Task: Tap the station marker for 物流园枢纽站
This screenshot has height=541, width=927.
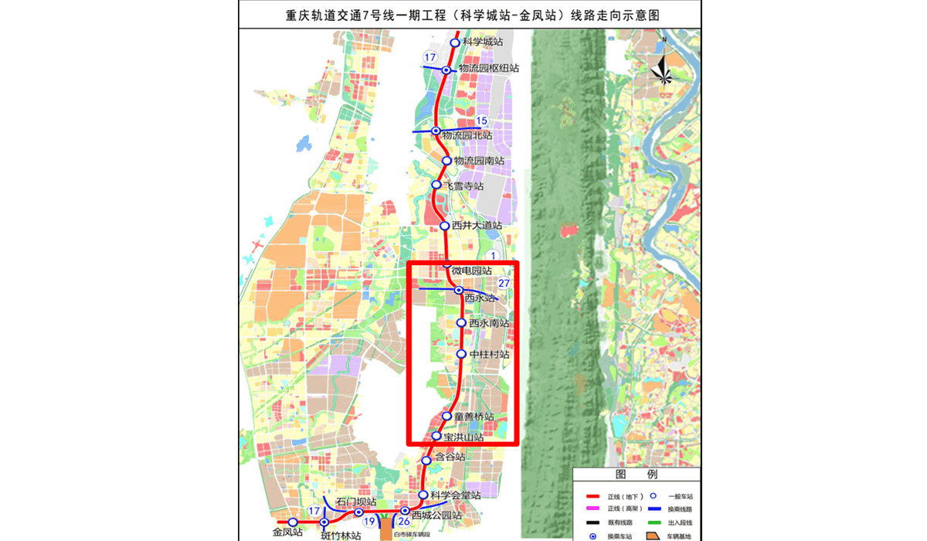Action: click(447, 70)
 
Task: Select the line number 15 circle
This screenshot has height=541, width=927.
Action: click(482, 121)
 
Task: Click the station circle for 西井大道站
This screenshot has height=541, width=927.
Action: click(445, 226)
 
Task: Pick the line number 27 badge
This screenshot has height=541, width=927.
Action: click(504, 284)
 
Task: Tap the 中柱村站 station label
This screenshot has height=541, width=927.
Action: click(489, 355)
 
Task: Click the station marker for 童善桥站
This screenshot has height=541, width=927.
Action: click(447, 417)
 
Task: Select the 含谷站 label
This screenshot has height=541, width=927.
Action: click(450, 458)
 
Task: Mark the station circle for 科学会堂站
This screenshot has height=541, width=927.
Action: click(423, 495)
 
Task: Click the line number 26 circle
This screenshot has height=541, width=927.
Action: click(403, 522)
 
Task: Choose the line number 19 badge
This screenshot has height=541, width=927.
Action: click(370, 522)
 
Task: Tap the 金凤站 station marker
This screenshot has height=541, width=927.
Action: click(293, 522)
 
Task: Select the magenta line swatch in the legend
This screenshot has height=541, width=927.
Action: click(594, 509)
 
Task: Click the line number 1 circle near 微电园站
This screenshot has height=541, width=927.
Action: click(494, 256)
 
